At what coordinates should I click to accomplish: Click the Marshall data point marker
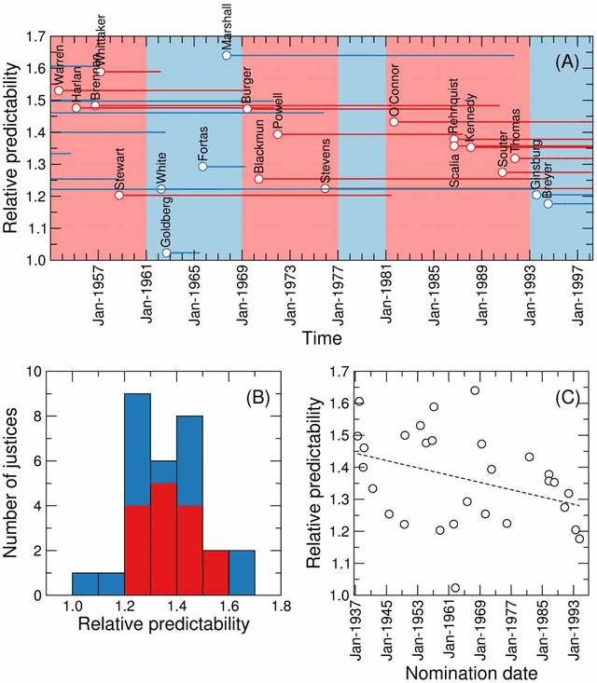[227, 56]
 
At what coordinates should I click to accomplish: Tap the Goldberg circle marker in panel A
[167, 253]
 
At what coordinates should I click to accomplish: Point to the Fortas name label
[203, 143]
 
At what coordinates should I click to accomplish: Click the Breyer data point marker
[548, 204]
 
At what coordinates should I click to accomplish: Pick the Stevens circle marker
[325, 189]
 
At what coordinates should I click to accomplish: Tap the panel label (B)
[257, 398]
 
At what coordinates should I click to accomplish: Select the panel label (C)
[565, 398]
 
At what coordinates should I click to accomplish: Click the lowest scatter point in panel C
[455, 588]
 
